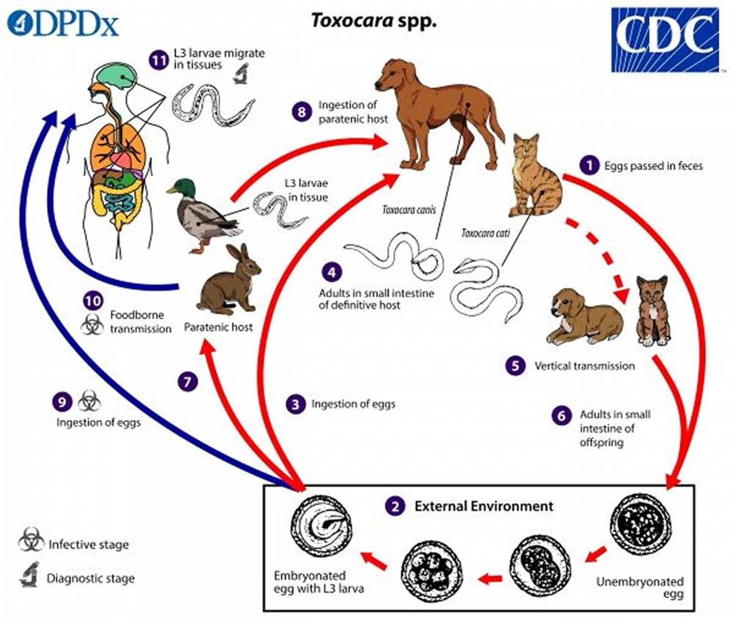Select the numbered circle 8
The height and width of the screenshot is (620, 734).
(301, 112)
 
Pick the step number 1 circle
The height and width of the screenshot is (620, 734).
(589, 166)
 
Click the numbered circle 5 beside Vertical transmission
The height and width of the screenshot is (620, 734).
(515, 366)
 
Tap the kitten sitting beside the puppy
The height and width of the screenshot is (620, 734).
(652, 312)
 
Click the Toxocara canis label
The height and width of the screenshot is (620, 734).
(409, 210)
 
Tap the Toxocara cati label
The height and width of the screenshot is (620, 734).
(486, 234)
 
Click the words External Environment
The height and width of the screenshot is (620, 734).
(484, 506)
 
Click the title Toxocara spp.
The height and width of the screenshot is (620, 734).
(374, 21)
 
